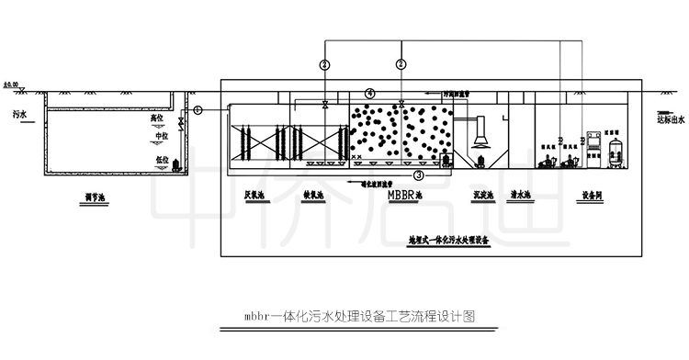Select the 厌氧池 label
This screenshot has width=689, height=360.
[x=255, y=195]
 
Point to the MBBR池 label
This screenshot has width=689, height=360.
[x=405, y=195]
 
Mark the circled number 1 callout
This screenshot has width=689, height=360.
[x=198, y=110]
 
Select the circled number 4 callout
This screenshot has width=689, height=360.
[x=369, y=93]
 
